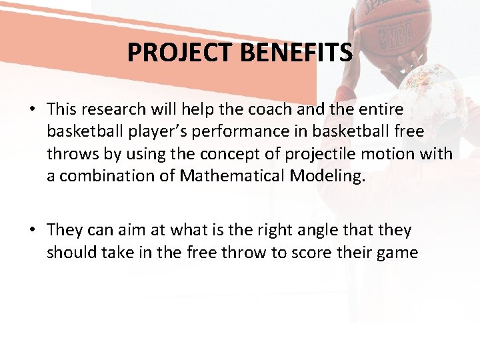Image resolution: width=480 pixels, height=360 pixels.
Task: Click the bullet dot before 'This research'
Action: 33,109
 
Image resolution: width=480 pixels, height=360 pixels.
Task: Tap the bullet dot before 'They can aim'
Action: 33,231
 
